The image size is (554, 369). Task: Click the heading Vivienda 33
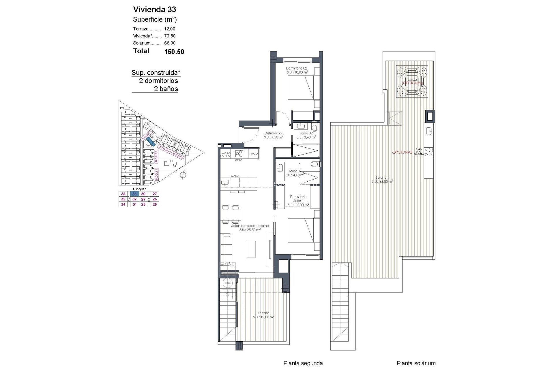click(x=154, y=10)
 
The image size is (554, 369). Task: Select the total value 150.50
click(x=174, y=52)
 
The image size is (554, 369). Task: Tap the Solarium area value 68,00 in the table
click(x=170, y=43)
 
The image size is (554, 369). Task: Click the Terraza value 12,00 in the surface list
click(x=170, y=29)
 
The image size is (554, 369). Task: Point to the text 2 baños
click(x=166, y=89)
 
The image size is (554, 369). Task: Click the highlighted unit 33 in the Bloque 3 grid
click(x=134, y=194)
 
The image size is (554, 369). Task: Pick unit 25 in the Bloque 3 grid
click(x=155, y=204)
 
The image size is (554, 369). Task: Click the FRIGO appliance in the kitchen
click(x=253, y=154)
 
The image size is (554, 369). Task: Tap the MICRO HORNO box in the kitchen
click(x=225, y=155)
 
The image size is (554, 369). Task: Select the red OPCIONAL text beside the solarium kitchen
click(x=402, y=152)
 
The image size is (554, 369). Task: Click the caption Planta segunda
click(x=303, y=363)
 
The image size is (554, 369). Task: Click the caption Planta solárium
click(x=416, y=363)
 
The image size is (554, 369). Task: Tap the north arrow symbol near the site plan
click(x=183, y=175)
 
